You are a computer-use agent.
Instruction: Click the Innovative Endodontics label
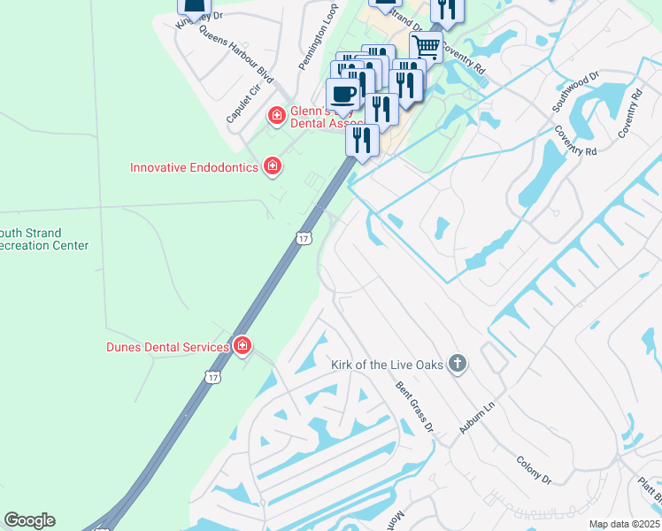click(x=194, y=167)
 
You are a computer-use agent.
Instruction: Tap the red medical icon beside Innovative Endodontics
click(x=273, y=166)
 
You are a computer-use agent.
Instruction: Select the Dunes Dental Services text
click(x=167, y=347)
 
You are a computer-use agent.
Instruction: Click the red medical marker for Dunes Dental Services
click(x=242, y=346)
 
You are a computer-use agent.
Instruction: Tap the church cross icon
click(x=457, y=364)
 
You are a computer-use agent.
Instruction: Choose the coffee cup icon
click(x=343, y=94)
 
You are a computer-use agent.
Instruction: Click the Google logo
click(x=29, y=520)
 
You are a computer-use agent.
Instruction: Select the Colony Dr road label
click(x=535, y=468)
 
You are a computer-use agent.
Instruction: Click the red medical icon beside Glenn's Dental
click(x=276, y=115)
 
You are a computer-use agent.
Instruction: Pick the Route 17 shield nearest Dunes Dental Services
click(x=212, y=377)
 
